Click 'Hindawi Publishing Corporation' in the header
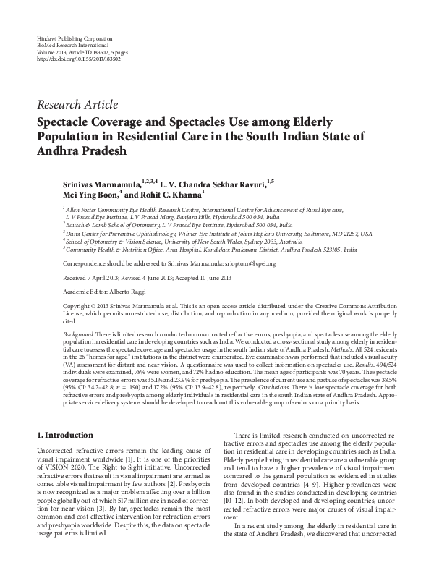(74, 38)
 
